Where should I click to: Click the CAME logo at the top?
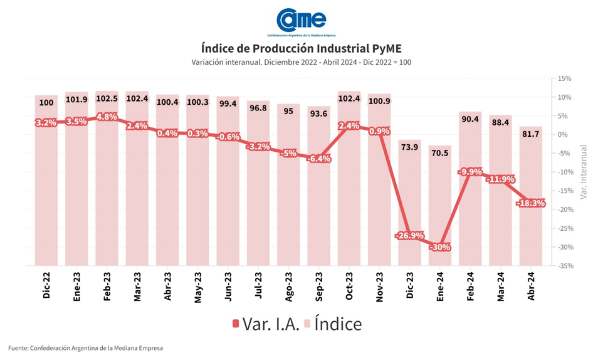pos(301,21)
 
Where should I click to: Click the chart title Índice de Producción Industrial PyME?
pos(301,48)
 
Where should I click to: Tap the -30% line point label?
pos(439,247)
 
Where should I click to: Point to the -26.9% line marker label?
pos(409,236)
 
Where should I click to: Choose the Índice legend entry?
pos(333,324)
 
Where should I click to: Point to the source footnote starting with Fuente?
pos(85,347)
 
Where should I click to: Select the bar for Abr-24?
pos(530,196)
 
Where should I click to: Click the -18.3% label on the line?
pos(530,203)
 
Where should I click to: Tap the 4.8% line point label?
pos(107,116)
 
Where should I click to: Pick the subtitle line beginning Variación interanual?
pos(301,62)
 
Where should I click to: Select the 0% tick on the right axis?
pos(564,134)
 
